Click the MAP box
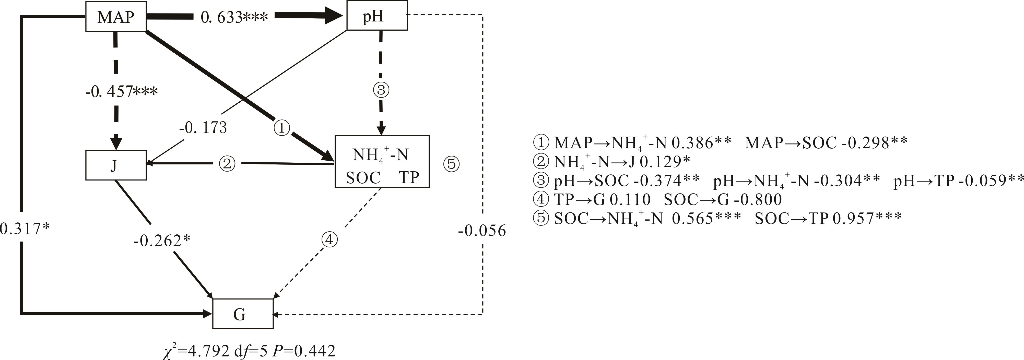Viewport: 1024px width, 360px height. tap(116, 16)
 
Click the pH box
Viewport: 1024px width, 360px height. tap(377, 16)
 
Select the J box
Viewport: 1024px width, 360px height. tap(116, 165)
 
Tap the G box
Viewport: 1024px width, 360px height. tap(243, 314)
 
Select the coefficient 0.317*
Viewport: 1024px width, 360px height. tap(25, 229)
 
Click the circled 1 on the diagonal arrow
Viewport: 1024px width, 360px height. tap(281, 128)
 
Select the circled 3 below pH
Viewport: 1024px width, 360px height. tap(381, 90)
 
